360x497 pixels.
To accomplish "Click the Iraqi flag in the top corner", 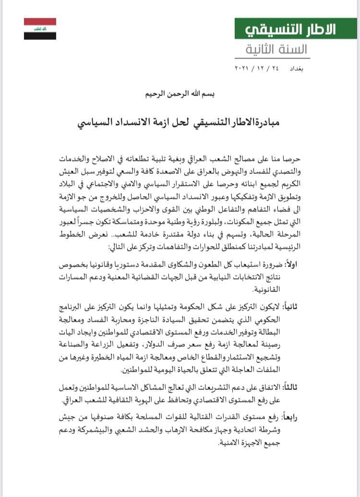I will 40,29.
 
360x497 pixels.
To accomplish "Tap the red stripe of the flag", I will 40,22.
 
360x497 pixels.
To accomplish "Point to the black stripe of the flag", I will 40,36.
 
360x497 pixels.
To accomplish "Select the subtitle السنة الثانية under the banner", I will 276,49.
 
